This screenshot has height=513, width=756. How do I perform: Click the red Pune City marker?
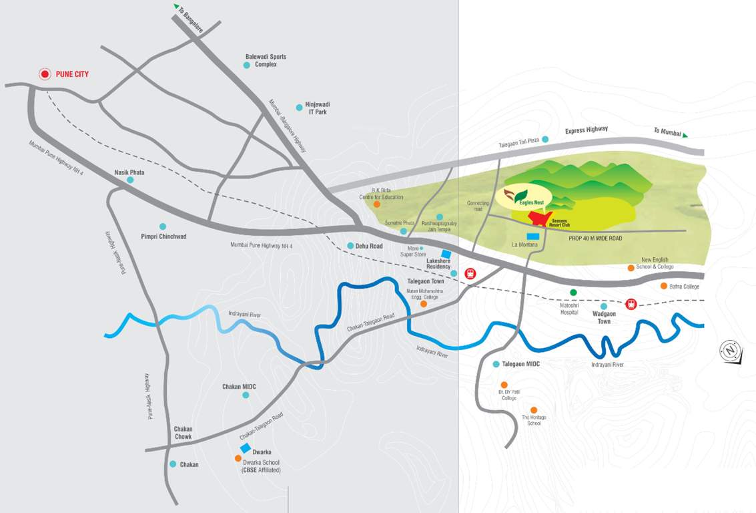(45, 74)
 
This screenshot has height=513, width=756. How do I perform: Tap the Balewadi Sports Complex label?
(266, 60)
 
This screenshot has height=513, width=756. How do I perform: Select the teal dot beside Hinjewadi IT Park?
(300, 108)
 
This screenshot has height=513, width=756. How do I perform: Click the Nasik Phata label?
(129, 172)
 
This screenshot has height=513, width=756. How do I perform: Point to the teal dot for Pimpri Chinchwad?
(162, 226)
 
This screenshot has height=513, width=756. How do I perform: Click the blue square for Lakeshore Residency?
(446, 254)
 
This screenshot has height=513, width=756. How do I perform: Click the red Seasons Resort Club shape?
(540, 218)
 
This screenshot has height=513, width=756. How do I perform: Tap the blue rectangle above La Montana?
(533, 236)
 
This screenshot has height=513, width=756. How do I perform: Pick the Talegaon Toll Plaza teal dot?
(545, 139)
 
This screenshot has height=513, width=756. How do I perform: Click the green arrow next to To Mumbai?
(685, 135)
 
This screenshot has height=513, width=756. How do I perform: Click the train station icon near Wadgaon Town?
(631, 304)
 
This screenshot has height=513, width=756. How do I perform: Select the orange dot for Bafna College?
(663, 286)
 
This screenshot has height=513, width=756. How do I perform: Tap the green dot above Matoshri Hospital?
(573, 293)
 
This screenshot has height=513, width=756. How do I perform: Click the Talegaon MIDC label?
(520, 364)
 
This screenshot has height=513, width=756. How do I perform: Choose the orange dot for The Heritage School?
(534, 410)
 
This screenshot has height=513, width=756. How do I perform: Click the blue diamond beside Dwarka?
(246, 448)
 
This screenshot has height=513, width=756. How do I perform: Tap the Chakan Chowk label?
(183, 433)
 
